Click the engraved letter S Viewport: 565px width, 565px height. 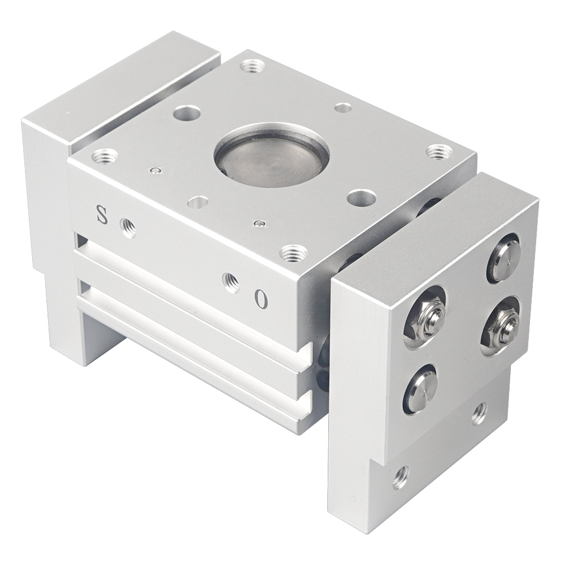(102, 215)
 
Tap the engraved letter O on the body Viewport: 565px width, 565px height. (260, 298)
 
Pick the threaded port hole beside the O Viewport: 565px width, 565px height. (230, 280)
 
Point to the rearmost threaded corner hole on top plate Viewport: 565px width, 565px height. (249, 67)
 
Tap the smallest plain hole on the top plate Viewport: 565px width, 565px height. (341, 107)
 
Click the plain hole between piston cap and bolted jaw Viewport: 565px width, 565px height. (362, 197)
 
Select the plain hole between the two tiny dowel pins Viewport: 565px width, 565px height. (198, 202)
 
